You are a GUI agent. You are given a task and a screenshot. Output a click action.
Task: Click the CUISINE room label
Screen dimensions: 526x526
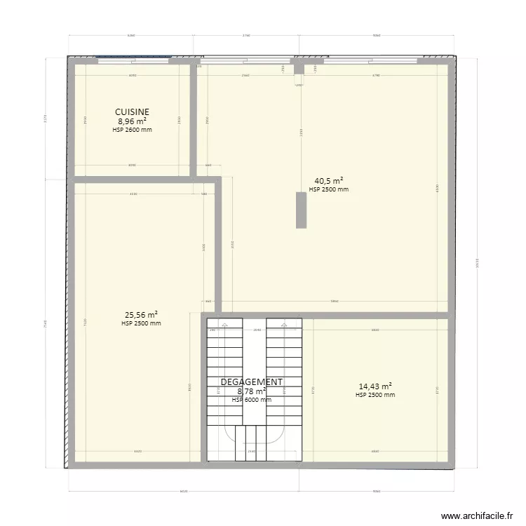[x=133, y=112]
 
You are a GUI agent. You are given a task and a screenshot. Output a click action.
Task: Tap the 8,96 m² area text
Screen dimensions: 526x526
[x=133, y=121]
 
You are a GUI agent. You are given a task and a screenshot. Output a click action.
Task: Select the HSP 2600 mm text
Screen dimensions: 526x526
[x=133, y=130]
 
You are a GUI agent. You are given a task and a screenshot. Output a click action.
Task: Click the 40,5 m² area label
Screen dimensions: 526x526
[x=328, y=180]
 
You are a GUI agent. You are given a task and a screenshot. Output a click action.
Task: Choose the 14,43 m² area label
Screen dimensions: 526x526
[x=375, y=386]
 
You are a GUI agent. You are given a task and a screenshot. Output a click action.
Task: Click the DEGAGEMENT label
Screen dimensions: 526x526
[x=252, y=382]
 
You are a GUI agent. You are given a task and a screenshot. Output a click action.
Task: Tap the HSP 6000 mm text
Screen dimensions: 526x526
[x=252, y=400]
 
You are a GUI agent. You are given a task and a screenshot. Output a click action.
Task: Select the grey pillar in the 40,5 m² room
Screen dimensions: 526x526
[x=301, y=210]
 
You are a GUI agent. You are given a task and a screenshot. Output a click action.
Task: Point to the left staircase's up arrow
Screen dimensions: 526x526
[x=223, y=325]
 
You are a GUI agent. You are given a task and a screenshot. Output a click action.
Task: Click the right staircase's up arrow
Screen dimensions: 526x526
[x=284, y=325]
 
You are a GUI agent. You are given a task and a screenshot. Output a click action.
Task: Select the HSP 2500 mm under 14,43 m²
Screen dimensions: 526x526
[x=375, y=395]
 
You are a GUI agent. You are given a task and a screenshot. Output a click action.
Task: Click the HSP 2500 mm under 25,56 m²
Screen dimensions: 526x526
[x=141, y=323]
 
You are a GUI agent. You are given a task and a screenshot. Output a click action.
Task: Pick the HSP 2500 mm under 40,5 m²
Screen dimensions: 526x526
[x=328, y=189]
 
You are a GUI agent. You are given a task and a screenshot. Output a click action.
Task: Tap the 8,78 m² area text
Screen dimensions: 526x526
[x=252, y=391]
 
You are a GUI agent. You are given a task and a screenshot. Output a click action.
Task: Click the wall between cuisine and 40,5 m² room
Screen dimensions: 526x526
[x=194, y=119]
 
